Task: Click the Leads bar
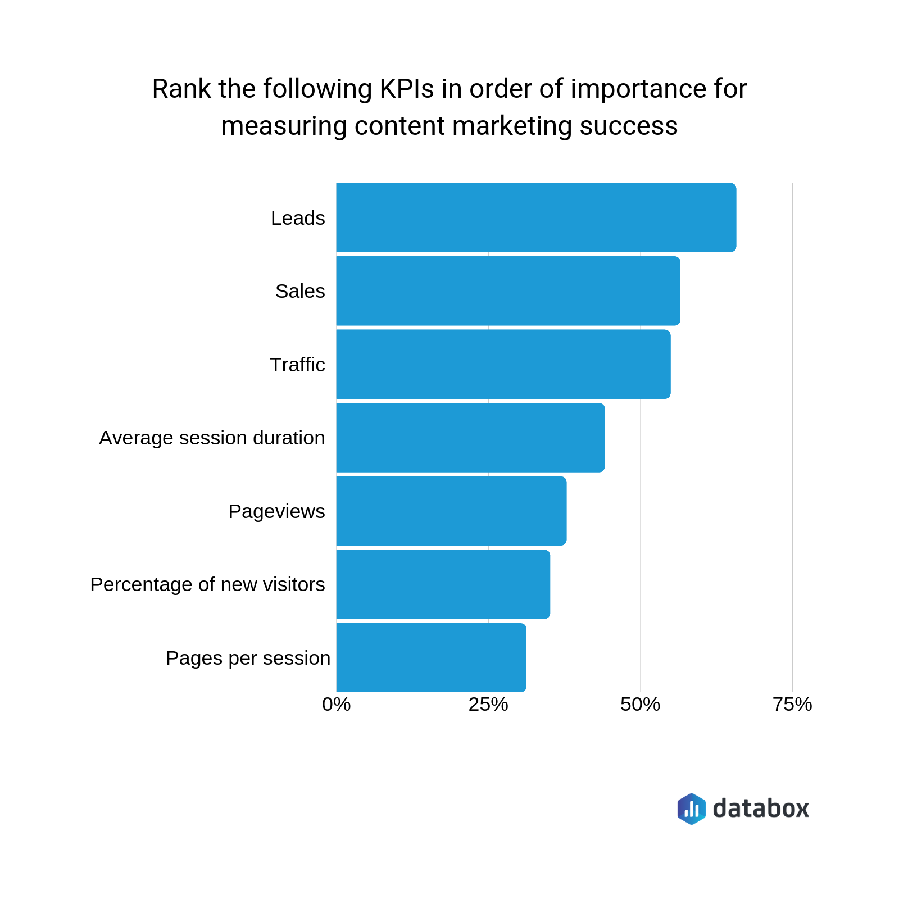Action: (536, 217)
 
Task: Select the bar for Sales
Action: (508, 291)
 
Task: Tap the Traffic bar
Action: (503, 364)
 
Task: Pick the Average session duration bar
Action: (470, 438)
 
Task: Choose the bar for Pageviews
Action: (451, 511)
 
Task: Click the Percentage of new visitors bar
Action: (443, 584)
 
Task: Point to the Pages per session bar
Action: (431, 657)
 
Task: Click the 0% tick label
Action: (336, 705)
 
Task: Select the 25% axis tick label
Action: (488, 705)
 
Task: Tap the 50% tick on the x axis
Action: (640, 705)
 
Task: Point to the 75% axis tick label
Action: (792, 705)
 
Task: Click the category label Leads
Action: (298, 218)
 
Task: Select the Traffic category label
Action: (297, 365)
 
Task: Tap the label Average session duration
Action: (212, 438)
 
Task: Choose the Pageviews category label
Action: (276, 511)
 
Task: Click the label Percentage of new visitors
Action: (207, 584)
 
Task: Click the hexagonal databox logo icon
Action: (691, 809)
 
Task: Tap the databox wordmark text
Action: (761, 809)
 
